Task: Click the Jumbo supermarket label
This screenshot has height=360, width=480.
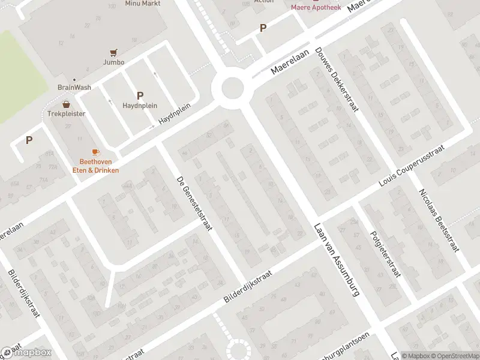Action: [113, 62]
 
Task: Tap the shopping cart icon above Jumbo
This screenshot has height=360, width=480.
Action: [113, 52]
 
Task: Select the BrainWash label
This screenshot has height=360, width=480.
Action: [74, 87]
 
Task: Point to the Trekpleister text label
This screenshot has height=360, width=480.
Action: [67, 113]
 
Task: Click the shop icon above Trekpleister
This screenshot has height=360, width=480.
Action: [67, 104]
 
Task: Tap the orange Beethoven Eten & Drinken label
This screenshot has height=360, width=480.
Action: [99, 166]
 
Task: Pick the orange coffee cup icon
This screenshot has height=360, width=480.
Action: [95, 152]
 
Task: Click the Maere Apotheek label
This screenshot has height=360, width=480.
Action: [316, 8]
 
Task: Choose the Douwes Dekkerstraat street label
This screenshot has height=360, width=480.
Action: [337, 81]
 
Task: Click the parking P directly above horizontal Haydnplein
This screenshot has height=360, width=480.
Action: [140, 95]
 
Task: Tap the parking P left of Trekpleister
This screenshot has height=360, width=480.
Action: [28, 140]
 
